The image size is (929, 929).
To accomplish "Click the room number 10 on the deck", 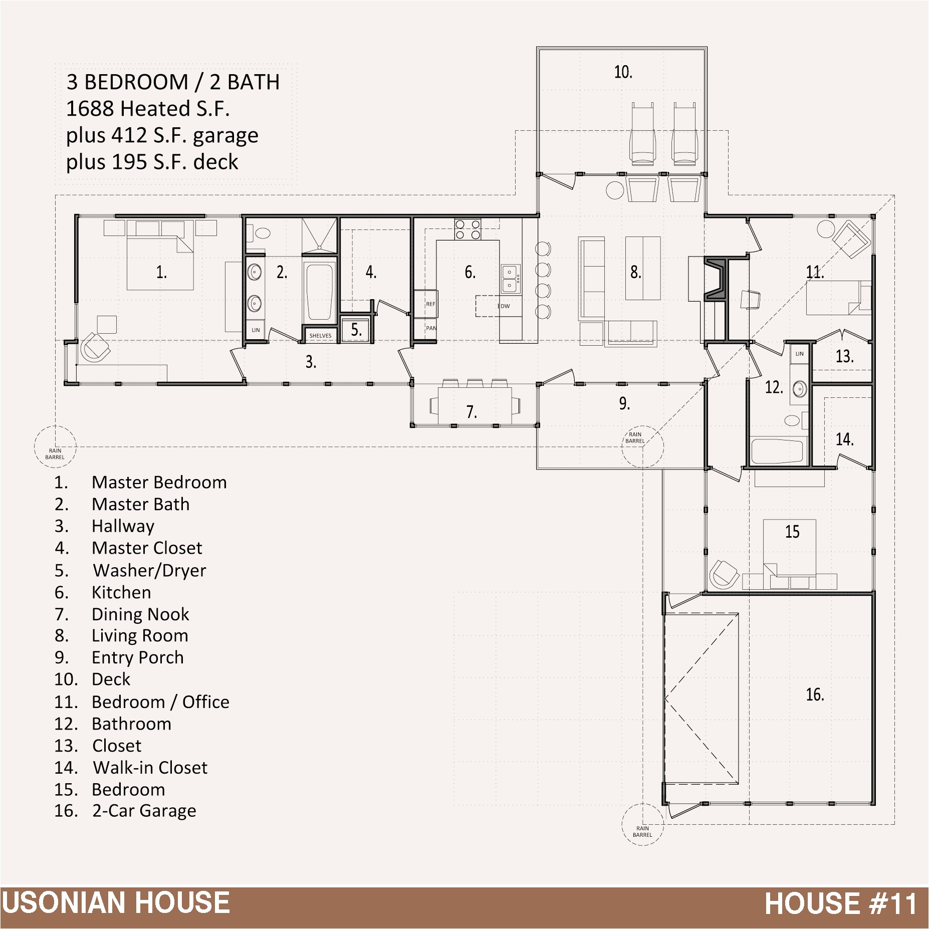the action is point(623,72).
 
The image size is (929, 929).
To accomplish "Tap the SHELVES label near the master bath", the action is point(320,336).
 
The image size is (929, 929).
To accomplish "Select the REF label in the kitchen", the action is point(430,304).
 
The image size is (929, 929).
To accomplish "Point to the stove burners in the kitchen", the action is point(468,229).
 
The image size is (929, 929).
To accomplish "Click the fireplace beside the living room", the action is point(716,279).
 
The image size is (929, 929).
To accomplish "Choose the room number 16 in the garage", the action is point(815,694).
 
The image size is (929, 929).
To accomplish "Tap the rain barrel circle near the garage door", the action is point(642,825).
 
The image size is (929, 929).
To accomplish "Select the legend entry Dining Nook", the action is point(140,614).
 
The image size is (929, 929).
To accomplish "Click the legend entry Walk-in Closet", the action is point(150,767).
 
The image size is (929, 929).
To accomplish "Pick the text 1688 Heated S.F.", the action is point(148,108).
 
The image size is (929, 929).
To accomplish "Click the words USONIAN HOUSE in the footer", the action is point(116,903).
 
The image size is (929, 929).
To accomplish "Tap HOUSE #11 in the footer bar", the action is point(841,903).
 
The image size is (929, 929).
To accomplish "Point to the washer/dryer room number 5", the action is point(356,330).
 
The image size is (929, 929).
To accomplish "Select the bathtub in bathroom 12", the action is point(778,451).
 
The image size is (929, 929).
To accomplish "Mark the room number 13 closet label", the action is point(844,356).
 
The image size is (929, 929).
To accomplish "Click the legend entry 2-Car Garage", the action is point(144,811).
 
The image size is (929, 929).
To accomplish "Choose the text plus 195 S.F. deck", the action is point(152,162).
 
